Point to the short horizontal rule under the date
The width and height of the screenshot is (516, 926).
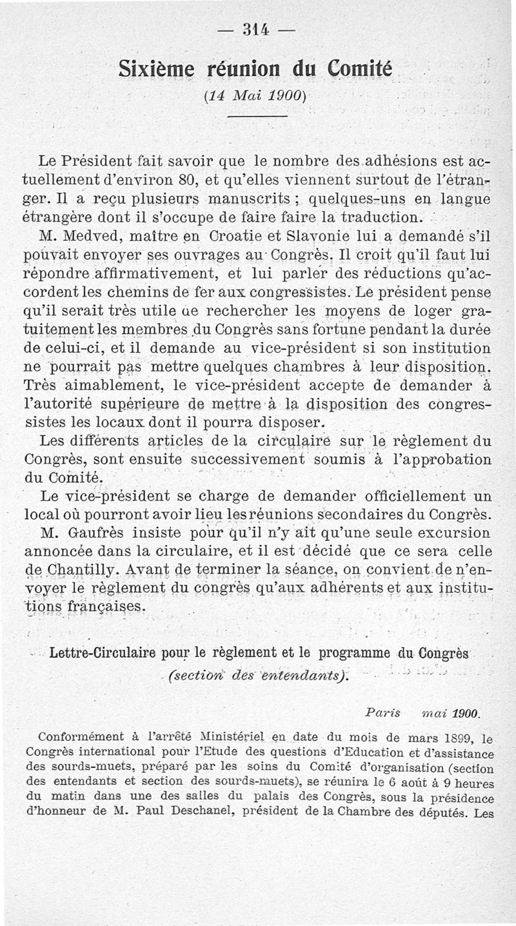coord(257,115)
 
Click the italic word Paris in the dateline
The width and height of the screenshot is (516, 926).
coord(382,714)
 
